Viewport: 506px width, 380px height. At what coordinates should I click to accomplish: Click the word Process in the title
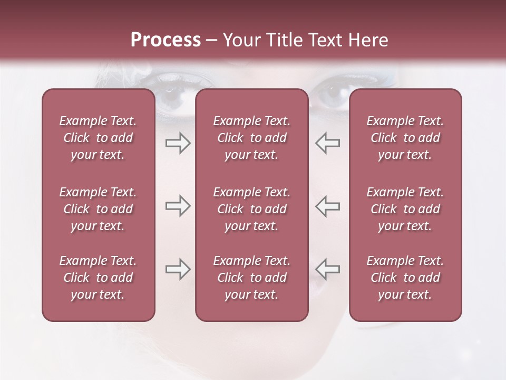tap(166, 40)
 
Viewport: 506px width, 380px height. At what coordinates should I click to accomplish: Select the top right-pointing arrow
tap(178, 143)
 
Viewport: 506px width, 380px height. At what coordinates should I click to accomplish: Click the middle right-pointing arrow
tap(178, 206)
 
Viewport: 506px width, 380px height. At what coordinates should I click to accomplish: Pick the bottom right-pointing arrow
tap(178, 269)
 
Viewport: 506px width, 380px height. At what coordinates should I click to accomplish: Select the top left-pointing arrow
tap(327, 143)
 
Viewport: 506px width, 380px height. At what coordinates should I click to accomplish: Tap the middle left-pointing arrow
tap(327, 206)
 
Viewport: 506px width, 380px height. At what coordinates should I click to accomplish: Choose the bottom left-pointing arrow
tap(327, 269)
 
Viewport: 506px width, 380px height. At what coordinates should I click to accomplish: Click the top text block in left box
tap(98, 138)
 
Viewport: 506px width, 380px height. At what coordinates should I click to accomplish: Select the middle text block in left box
tap(98, 209)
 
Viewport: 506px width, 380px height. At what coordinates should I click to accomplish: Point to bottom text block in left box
tap(98, 278)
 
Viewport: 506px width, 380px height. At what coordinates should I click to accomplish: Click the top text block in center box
tap(251, 138)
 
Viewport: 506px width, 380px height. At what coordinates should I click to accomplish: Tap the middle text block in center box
tap(251, 209)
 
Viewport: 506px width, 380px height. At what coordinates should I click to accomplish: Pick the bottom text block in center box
tap(251, 278)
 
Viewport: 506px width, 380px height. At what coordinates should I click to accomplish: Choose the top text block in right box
tap(405, 138)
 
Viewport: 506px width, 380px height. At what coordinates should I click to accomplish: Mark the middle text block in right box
tap(405, 209)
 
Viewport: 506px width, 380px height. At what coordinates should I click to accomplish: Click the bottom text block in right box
tap(405, 278)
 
